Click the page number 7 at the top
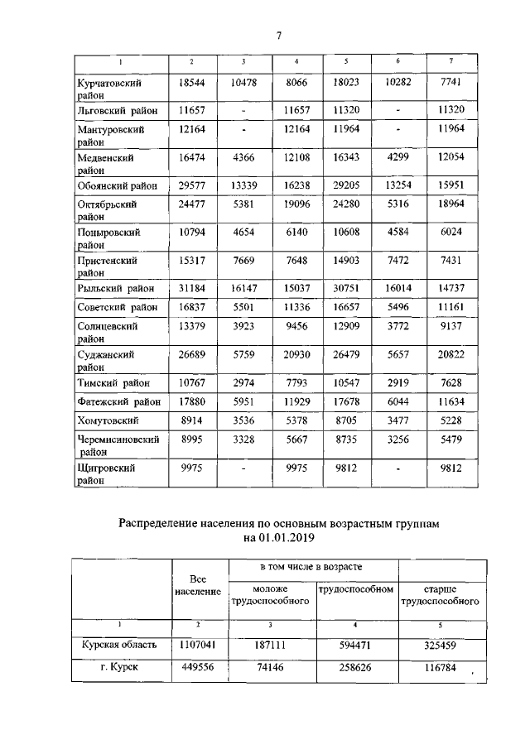point(279,35)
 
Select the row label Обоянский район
point(117,185)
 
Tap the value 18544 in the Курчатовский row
point(191,84)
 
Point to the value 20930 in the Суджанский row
point(296,354)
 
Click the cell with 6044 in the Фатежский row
point(398,401)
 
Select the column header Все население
point(198,586)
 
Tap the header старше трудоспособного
point(440,595)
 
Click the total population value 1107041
point(198,643)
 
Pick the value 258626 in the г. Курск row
point(356,667)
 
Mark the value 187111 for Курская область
point(274,643)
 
